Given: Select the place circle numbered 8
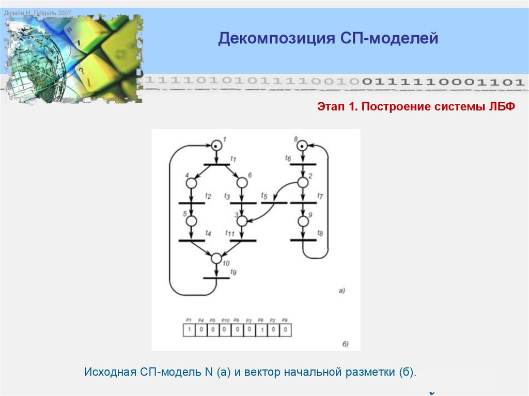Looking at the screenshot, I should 303,146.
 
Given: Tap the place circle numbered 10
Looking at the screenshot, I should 216,258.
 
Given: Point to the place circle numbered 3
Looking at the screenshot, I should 242,220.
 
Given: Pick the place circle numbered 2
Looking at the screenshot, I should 303,183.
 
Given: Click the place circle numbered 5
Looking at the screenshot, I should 191,220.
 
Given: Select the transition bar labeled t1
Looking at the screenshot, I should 216,165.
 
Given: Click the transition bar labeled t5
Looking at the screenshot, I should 274,203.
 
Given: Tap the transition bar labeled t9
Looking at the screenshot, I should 216,278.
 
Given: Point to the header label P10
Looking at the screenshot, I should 225,321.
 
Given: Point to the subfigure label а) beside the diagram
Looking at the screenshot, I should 341,291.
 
